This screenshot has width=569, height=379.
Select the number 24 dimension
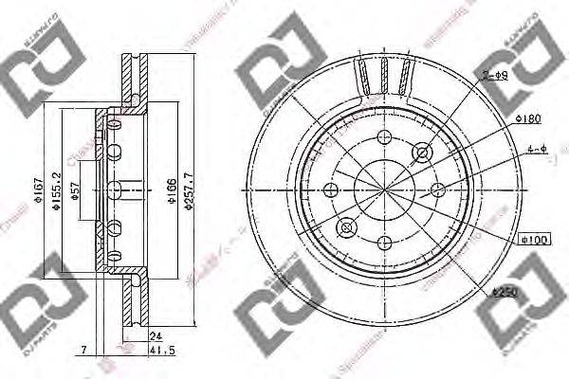[154, 334]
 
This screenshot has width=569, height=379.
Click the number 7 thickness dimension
[84, 349]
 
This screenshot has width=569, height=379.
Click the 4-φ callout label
[537, 149]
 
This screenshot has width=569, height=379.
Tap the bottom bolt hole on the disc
[384, 244]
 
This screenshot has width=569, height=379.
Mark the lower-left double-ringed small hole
[344, 227]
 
